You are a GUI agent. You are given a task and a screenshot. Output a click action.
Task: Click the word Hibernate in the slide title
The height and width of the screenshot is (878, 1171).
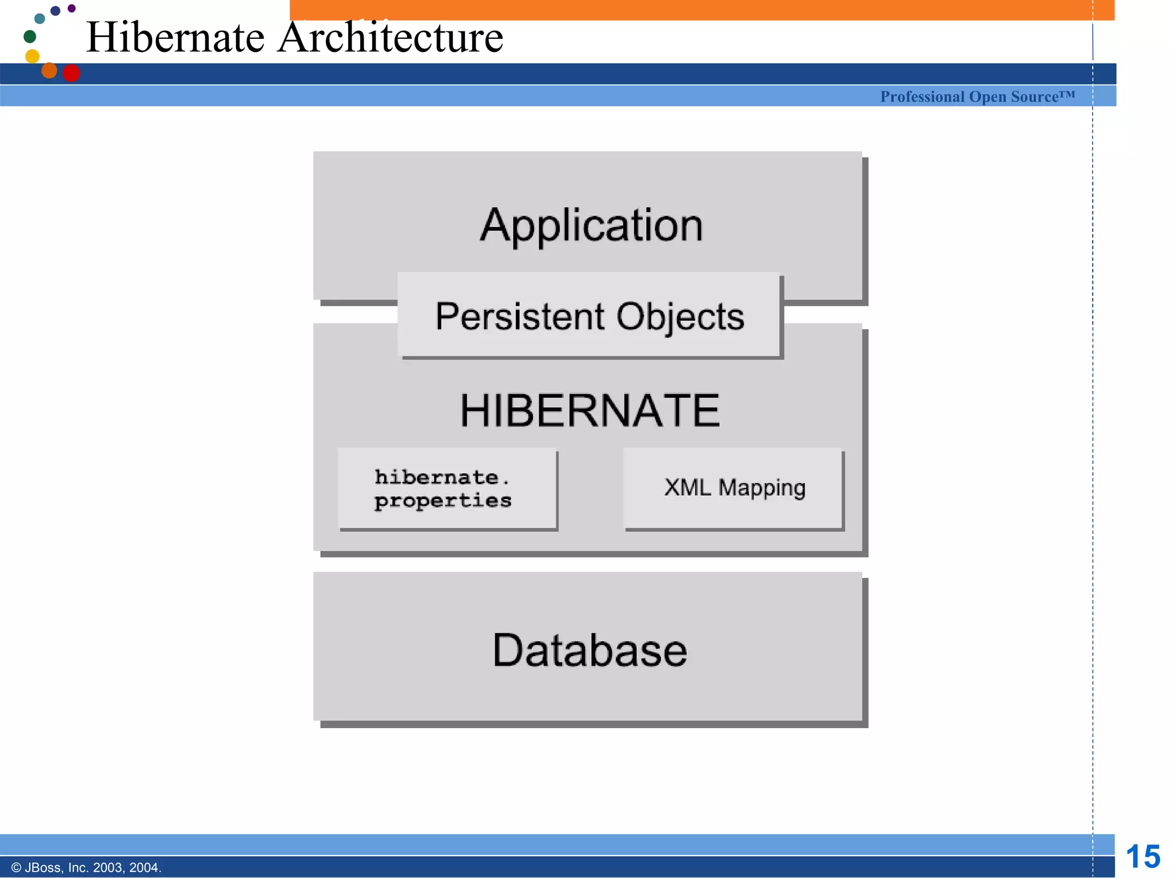[x=176, y=37]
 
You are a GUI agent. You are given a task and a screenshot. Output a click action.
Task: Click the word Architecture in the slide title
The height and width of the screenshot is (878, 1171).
[x=390, y=37]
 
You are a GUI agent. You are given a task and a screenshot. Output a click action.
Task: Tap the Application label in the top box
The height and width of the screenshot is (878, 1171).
[x=591, y=225]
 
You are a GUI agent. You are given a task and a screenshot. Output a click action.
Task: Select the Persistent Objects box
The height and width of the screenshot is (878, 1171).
[x=589, y=316]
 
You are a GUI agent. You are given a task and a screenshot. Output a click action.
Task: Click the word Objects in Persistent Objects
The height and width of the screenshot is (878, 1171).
[x=680, y=317]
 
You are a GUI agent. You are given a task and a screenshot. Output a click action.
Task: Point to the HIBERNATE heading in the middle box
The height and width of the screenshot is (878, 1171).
[x=590, y=410]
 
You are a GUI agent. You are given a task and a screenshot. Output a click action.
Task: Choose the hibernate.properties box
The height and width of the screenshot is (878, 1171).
[x=447, y=489]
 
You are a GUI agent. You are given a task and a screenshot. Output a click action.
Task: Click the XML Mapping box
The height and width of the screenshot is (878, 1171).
[x=734, y=489]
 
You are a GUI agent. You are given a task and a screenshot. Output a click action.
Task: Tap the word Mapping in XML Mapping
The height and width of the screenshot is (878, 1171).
[x=762, y=488]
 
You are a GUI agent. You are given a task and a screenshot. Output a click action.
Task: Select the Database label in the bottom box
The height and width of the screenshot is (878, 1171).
[x=590, y=650]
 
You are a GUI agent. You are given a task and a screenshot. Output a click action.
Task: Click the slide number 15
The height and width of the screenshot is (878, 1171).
[x=1142, y=857]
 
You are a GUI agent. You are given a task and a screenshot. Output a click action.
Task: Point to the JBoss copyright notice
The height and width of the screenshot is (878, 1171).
[x=86, y=868]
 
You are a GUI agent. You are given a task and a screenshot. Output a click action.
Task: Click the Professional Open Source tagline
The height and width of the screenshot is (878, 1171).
[x=977, y=97]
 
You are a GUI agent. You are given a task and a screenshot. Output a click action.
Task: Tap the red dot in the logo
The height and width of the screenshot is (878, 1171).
[x=71, y=73]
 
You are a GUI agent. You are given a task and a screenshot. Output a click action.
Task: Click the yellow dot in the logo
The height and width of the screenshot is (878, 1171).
[x=33, y=56]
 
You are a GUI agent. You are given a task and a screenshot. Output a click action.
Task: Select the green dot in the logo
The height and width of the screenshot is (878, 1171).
[x=30, y=37]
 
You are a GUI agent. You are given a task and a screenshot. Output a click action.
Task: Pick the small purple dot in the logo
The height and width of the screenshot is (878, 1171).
[x=71, y=8]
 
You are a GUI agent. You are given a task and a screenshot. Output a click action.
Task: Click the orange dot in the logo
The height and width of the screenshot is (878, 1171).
[x=49, y=70]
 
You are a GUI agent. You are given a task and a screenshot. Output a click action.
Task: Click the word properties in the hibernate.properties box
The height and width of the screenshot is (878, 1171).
[x=443, y=501]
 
